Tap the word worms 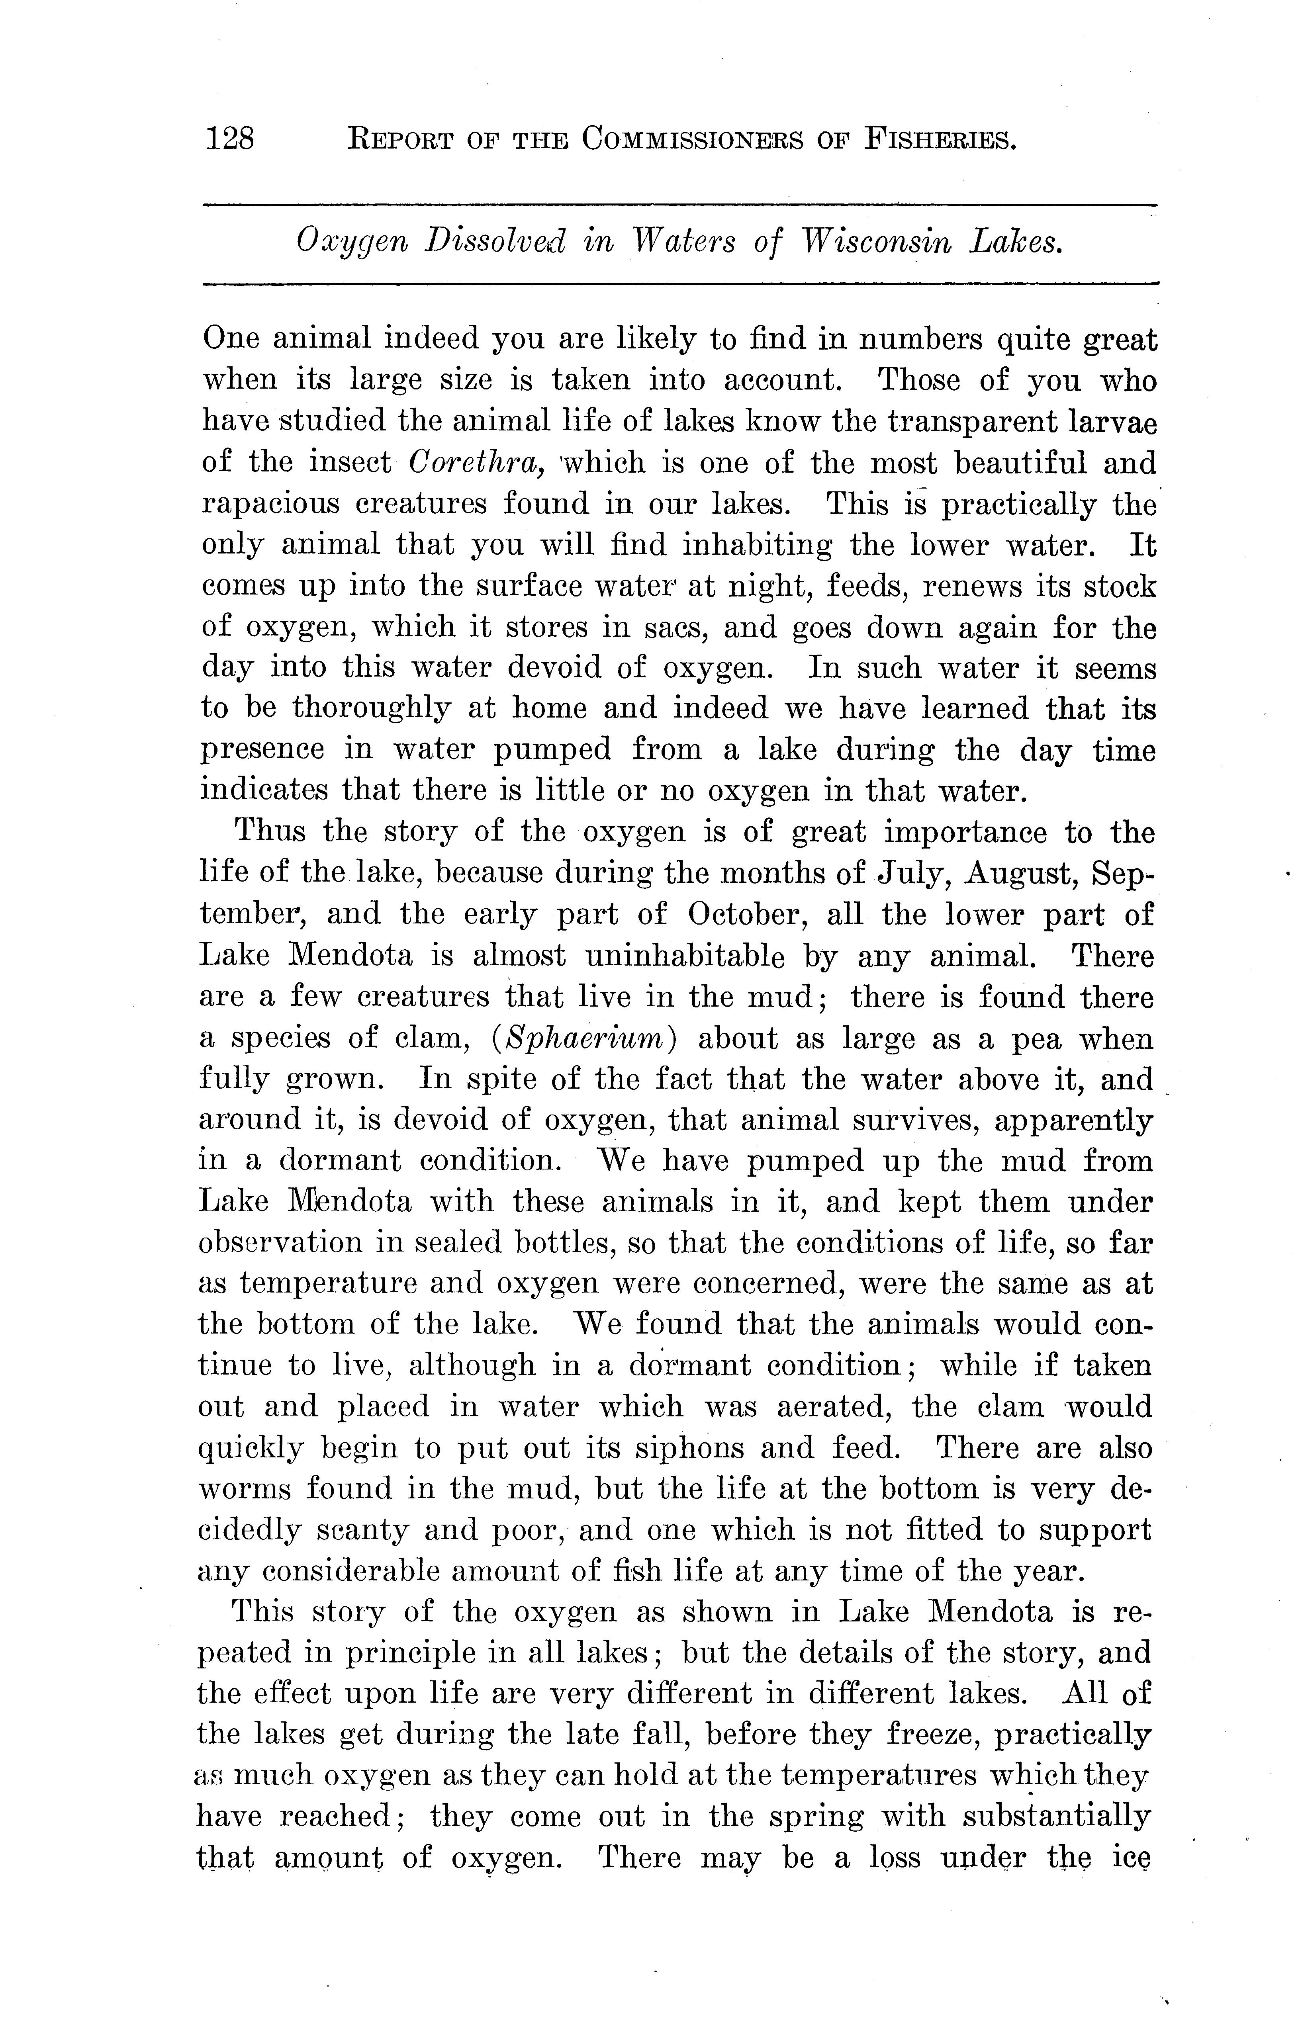pos(244,1490)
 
